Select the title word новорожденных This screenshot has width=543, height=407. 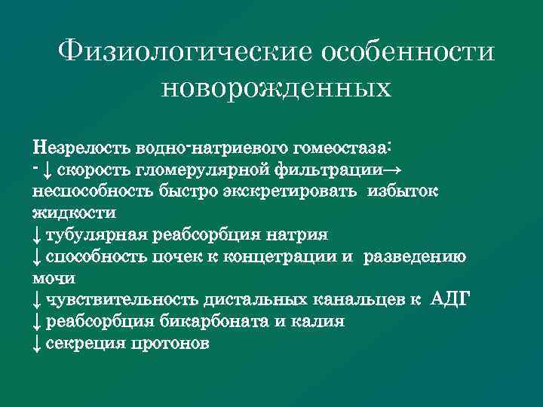pos(277,88)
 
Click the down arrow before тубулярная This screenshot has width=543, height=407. pos(37,234)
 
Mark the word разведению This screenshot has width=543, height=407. pos(416,256)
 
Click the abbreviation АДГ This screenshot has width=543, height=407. pos(449,300)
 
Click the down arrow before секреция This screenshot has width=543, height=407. pos(37,344)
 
